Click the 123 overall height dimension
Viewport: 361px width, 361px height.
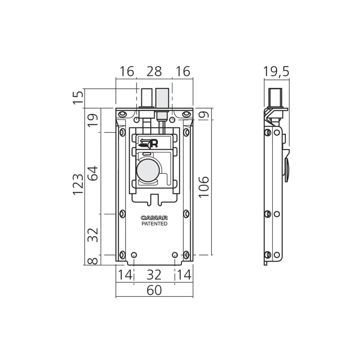[78, 184]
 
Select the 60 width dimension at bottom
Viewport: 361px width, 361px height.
[154, 290]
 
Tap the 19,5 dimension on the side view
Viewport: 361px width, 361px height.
[276, 71]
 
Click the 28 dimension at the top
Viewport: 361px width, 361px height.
[155, 71]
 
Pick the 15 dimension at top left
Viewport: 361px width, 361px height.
[78, 97]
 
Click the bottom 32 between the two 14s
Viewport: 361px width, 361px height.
[154, 275]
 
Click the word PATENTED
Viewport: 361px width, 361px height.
[154, 224]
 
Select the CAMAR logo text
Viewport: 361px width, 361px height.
[154, 218]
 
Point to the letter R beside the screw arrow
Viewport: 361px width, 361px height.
[154, 144]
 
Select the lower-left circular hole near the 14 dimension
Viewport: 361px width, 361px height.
[134, 255]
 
